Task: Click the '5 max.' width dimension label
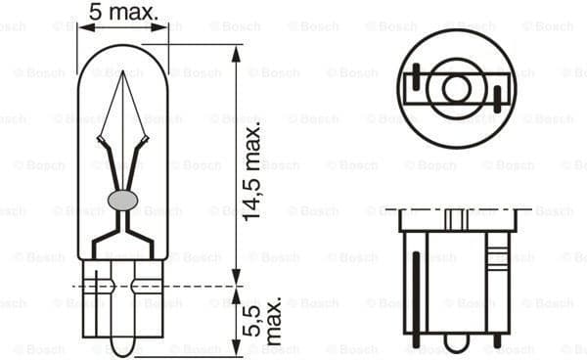tap(122, 13)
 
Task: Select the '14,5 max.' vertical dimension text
tap(253, 171)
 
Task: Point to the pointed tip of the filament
tap(123, 75)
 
